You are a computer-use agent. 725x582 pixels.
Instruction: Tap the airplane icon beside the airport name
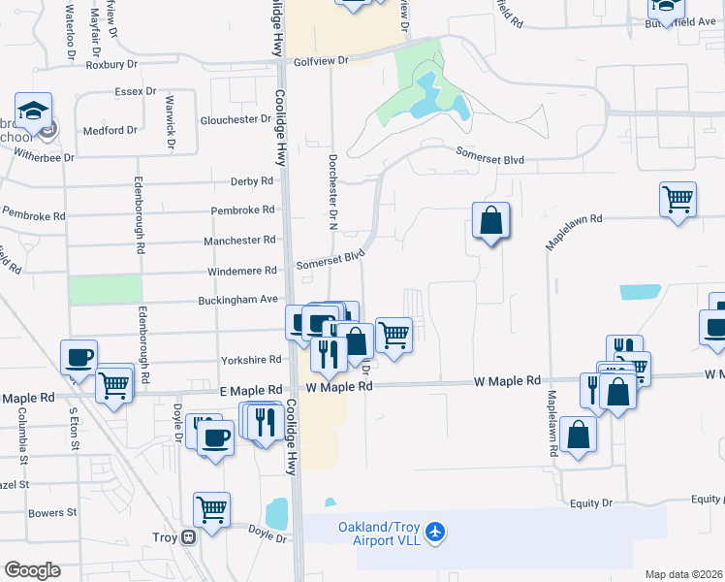(436, 532)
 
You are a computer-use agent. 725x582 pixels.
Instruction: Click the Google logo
(32, 570)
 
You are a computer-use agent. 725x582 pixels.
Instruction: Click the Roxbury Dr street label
(113, 66)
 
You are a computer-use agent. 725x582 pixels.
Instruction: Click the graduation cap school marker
(32, 111)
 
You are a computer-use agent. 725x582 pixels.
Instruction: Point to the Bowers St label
(52, 512)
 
